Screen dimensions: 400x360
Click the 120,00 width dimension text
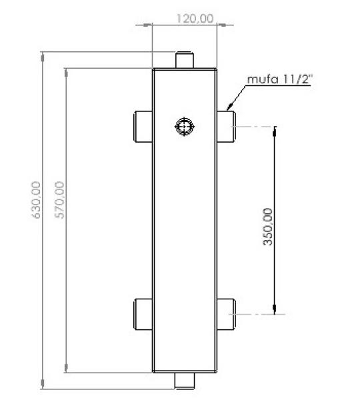[194, 18]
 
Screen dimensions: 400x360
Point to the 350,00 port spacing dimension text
[268, 227]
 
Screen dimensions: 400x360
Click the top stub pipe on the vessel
[185, 59]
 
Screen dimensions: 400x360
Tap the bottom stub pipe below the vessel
[185, 380]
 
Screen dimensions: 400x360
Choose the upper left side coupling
[144, 127]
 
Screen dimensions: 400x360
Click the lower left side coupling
[144, 313]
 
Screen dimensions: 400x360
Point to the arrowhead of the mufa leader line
[229, 107]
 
